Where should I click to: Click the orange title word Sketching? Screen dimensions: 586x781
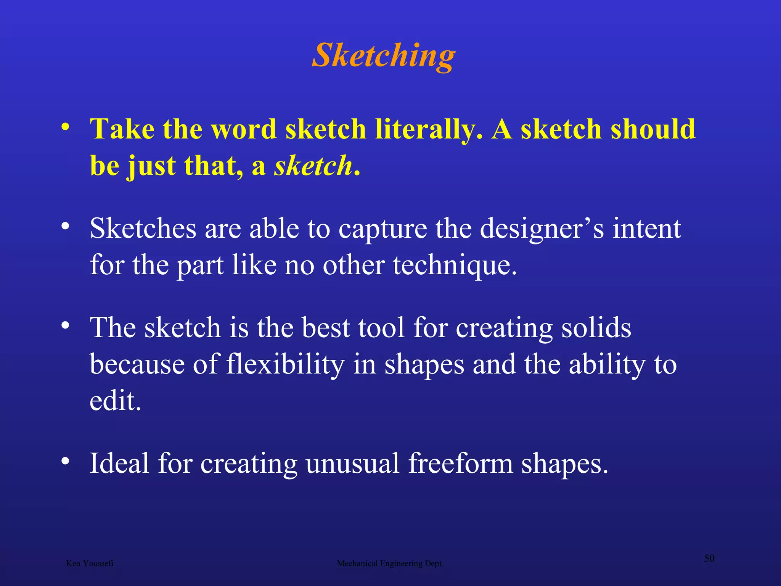click(x=384, y=56)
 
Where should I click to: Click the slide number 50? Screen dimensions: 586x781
click(x=709, y=558)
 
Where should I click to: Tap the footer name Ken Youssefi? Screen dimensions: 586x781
click(x=90, y=563)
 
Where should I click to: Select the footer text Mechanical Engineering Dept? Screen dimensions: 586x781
click(x=390, y=563)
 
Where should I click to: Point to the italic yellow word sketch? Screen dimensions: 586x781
click(x=313, y=166)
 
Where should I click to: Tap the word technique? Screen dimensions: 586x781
click(x=455, y=265)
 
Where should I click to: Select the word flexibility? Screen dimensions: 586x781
click(x=285, y=364)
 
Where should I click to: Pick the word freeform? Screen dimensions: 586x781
click(x=461, y=463)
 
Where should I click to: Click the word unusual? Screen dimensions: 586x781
click(x=352, y=463)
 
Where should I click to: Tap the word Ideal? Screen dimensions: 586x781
click(x=119, y=463)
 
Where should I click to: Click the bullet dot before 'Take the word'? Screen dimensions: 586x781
click(x=66, y=127)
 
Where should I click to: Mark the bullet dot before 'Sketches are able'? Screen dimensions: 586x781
click(x=66, y=226)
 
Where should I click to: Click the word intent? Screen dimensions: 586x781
click(x=647, y=229)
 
